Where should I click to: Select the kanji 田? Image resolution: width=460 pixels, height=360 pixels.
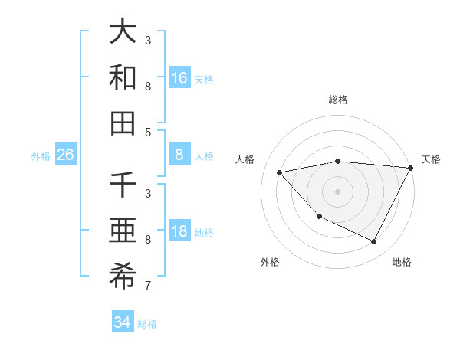point(123,123)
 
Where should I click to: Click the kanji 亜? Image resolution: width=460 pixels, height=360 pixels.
point(123,232)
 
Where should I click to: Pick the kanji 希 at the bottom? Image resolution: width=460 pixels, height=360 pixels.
point(123,277)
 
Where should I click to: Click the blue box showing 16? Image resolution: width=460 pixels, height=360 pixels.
point(179,78)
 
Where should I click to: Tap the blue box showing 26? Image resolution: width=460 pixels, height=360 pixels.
point(65,155)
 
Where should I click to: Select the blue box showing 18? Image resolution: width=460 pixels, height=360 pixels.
point(179,232)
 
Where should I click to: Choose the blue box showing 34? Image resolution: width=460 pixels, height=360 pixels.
point(122,322)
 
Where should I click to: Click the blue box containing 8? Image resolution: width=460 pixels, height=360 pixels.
point(179,155)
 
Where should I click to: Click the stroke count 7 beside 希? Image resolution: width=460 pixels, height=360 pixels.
point(148,286)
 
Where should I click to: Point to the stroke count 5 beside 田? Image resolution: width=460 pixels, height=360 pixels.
point(148,132)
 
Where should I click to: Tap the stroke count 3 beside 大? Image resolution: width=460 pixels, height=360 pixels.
point(148,40)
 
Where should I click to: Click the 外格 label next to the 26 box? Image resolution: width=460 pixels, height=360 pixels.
point(41,156)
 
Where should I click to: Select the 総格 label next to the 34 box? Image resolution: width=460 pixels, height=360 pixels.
point(147,324)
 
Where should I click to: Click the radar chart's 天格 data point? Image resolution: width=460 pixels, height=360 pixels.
point(410,169)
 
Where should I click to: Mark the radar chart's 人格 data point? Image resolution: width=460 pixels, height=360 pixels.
point(280,172)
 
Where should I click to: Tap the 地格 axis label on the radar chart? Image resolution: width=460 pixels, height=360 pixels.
point(402,262)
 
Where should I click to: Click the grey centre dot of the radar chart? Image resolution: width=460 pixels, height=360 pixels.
point(337,191)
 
